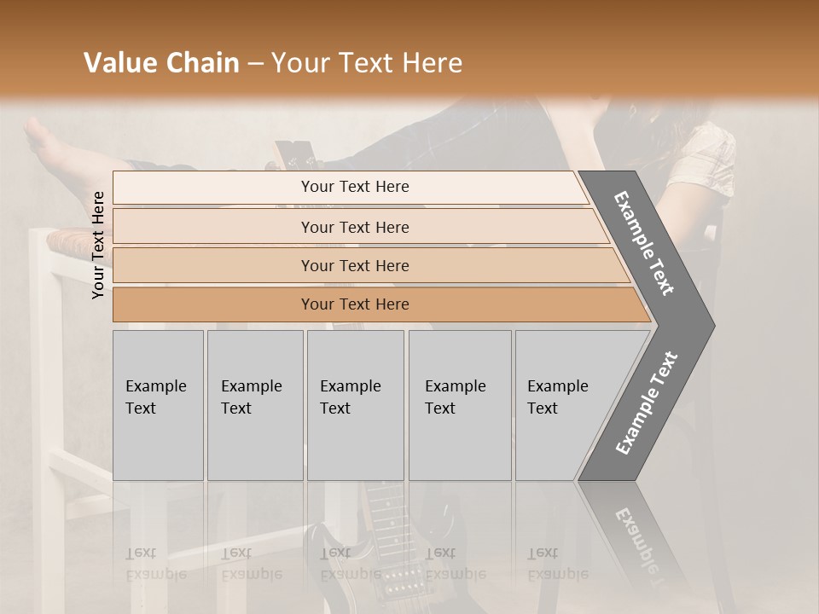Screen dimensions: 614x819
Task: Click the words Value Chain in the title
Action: [161, 63]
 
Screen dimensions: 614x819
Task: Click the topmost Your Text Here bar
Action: [354, 187]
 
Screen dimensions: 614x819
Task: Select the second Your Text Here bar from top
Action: [354, 227]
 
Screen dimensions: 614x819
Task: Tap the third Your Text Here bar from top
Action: [354, 265]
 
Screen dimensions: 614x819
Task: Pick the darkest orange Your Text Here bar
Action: [354, 304]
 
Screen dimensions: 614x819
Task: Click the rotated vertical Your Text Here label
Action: [98, 245]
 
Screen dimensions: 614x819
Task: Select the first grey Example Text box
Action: [158, 405]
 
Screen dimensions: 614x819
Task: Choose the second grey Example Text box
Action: [254, 405]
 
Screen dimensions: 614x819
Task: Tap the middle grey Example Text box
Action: [355, 405]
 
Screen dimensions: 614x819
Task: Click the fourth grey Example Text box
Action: [460, 405]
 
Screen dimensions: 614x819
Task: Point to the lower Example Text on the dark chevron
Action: [646, 403]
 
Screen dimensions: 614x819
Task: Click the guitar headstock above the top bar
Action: [294, 153]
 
